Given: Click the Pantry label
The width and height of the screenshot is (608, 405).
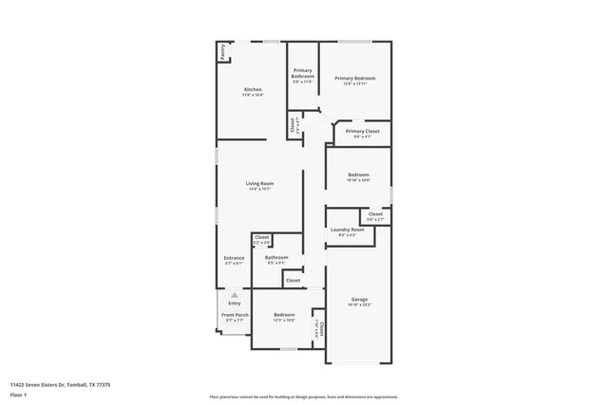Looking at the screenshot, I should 223,53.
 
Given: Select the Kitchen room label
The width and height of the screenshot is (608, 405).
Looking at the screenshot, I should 253,90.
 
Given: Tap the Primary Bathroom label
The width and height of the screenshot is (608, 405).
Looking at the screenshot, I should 303,73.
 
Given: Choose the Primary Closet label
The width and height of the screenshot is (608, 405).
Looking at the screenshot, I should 363,132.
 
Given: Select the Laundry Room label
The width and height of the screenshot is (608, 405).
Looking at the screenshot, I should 348,230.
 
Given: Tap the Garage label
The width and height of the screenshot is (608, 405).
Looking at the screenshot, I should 359,299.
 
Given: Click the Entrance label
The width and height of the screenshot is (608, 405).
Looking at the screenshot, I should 234,258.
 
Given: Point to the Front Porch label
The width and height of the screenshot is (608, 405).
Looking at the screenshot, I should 235,315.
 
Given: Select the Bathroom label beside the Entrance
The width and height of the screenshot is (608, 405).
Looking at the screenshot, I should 276,258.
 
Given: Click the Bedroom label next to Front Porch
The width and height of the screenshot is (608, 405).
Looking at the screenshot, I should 284,315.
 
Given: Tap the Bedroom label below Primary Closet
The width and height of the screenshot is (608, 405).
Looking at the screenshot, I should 358,175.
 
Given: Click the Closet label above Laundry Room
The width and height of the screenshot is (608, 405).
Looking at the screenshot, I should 375,214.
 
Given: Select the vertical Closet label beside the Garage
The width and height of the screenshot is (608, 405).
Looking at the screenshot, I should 321,328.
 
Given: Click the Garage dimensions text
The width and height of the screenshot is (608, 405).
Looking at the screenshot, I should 359,304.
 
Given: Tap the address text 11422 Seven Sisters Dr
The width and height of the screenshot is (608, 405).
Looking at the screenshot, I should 60,384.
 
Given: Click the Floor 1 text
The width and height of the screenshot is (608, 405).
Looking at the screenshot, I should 17,396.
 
